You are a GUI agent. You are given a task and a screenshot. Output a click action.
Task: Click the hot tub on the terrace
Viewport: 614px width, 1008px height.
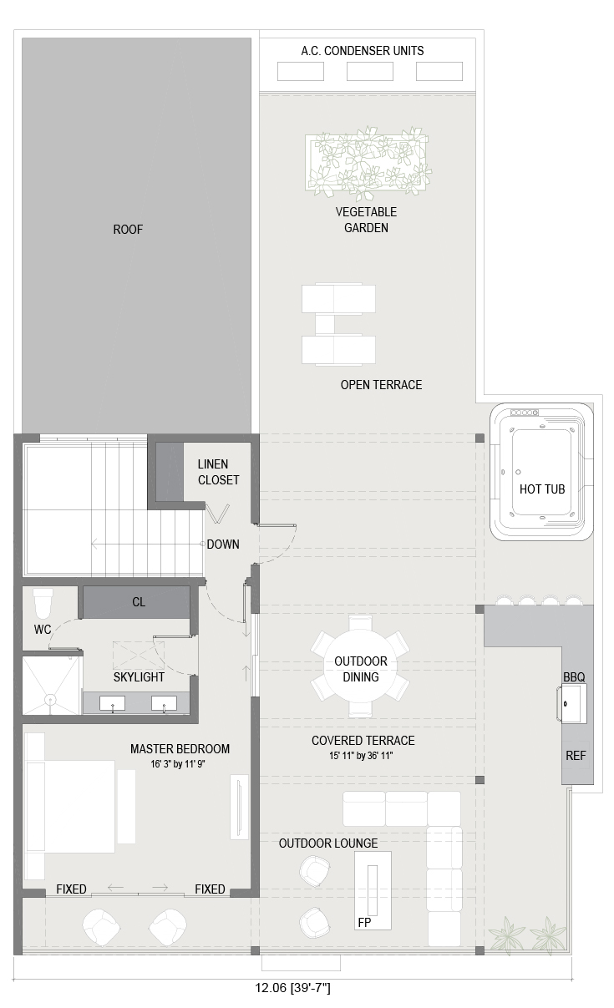pos(541,472)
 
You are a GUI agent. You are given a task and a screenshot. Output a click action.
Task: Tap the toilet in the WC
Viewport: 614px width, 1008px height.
pos(43,604)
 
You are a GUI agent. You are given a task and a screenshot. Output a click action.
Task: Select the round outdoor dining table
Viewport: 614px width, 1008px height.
pos(361,669)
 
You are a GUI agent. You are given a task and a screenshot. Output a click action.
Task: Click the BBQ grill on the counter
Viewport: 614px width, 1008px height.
pos(572,703)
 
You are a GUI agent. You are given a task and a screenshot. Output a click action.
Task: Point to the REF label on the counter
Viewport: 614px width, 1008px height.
pos(576,756)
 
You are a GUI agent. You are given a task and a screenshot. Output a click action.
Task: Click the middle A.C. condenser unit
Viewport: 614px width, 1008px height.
pos(369,72)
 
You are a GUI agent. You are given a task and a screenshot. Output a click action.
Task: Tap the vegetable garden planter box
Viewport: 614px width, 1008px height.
pos(367,163)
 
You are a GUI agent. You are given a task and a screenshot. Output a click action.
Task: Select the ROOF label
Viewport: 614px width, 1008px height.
pos(128,230)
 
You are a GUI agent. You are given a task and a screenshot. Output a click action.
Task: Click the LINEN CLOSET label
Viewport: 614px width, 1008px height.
pos(218,472)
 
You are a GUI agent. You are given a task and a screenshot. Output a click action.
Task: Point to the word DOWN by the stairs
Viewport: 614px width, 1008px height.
pos(223,544)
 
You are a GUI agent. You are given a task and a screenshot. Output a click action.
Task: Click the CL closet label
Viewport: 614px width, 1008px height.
pos(139,602)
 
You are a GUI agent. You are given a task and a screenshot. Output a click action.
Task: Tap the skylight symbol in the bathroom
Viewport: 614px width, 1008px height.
pos(138,656)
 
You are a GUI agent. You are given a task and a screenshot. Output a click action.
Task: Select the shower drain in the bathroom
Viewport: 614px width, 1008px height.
pos(50,699)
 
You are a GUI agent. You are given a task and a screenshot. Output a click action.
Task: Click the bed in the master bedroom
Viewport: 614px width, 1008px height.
pos(70,806)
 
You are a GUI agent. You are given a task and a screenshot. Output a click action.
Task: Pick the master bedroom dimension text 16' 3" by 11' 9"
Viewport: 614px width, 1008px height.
pos(178,763)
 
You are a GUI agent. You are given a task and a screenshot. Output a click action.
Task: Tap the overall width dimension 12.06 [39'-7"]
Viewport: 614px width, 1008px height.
pos(292,988)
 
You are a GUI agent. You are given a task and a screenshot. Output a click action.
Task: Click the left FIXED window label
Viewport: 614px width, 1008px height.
pos(71,889)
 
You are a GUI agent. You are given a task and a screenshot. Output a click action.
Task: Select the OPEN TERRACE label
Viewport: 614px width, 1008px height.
pos(381,385)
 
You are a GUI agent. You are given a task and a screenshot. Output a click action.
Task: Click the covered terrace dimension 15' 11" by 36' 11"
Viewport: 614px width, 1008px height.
pos(361,756)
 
